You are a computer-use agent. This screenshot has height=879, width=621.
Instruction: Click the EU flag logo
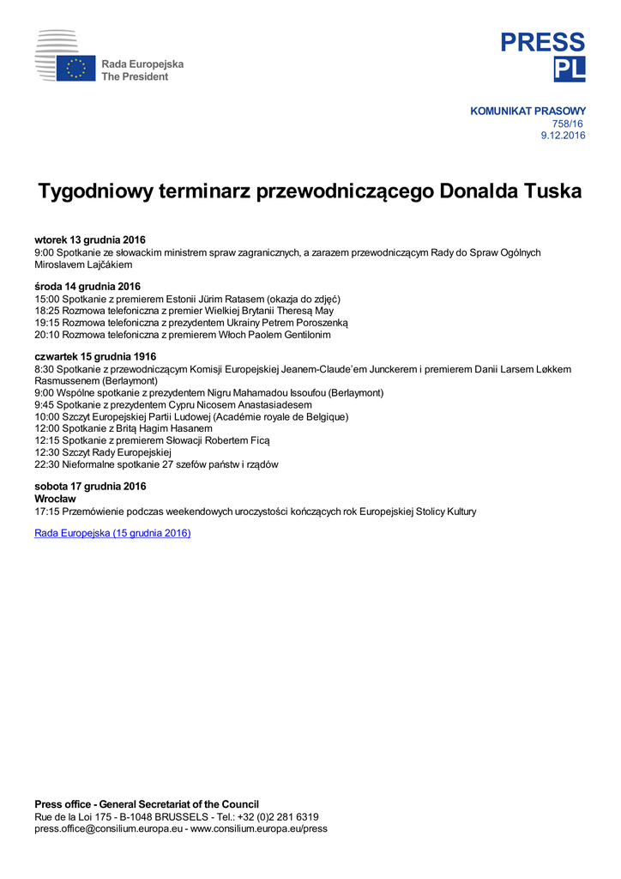pyautogui.click(x=75, y=69)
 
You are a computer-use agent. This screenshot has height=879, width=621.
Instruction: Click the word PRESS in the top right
pyautogui.click(x=543, y=42)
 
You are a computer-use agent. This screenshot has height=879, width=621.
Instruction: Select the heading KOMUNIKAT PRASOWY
pyautogui.click(x=528, y=111)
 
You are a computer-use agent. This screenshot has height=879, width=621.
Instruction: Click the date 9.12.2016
pyautogui.click(x=563, y=136)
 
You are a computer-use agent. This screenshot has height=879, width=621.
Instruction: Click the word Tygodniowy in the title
pyautogui.click(x=95, y=191)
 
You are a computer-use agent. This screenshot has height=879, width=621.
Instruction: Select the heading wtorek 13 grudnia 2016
pyautogui.click(x=90, y=239)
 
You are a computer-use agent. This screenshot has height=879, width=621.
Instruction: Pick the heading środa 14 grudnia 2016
pyautogui.click(x=87, y=286)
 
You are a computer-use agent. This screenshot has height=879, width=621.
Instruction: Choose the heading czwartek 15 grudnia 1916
pyautogui.click(x=95, y=356)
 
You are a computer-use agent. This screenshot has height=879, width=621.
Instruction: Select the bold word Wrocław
pyautogui.click(x=56, y=499)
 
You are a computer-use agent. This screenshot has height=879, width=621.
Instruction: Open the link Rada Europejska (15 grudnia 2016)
pyautogui.click(x=112, y=533)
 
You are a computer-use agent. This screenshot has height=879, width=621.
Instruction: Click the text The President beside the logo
pyautogui.click(x=135, y=76)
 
